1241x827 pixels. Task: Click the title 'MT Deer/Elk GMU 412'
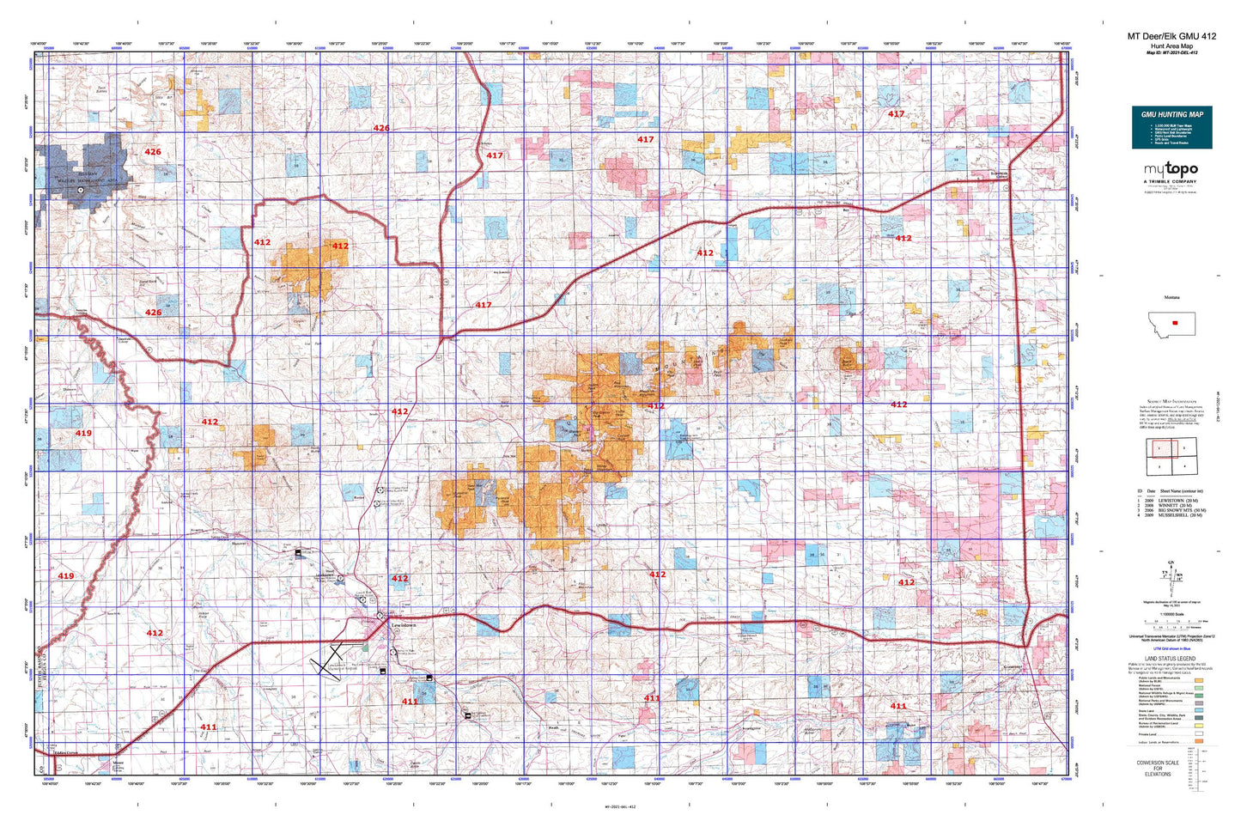1171,36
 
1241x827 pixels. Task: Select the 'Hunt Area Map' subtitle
1171,46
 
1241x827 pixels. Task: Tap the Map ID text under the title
1171,52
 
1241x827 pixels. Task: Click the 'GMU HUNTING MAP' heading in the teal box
1171,114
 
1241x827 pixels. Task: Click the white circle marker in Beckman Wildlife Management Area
82,192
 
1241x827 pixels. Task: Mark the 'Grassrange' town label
1013,666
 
